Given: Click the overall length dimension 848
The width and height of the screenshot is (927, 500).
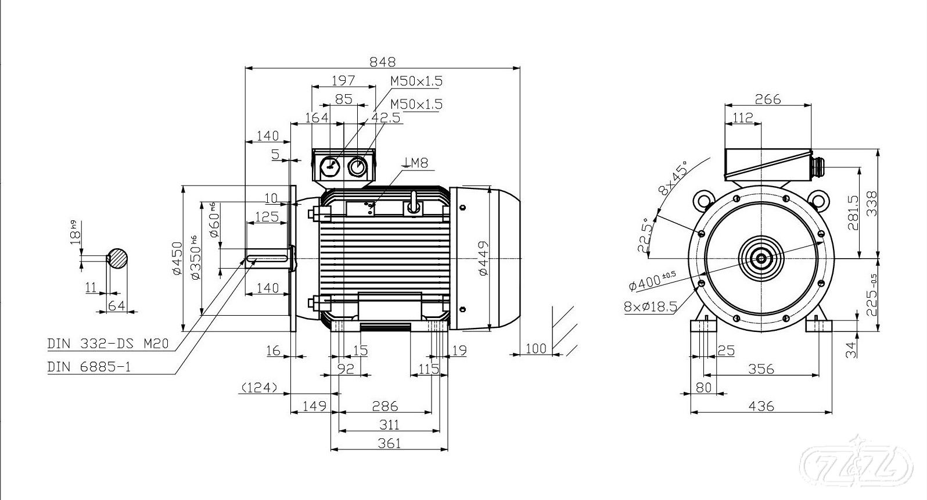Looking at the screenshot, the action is (x=382, y=62).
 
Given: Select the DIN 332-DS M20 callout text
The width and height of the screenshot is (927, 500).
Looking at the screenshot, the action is (x=108, y=344).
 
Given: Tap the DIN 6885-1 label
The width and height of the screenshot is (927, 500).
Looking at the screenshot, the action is (x=89, y=367).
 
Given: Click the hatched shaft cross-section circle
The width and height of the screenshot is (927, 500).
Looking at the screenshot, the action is (x=117, y=259).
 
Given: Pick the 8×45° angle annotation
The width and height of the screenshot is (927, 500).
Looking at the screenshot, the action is (x=673, y=178).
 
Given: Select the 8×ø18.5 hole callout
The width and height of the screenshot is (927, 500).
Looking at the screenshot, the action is (x=650, y=307).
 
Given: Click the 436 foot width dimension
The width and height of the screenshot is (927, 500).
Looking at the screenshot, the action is (x=761, y=406).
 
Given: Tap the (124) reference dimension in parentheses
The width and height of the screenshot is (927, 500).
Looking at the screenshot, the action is (x=259, y=388).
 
